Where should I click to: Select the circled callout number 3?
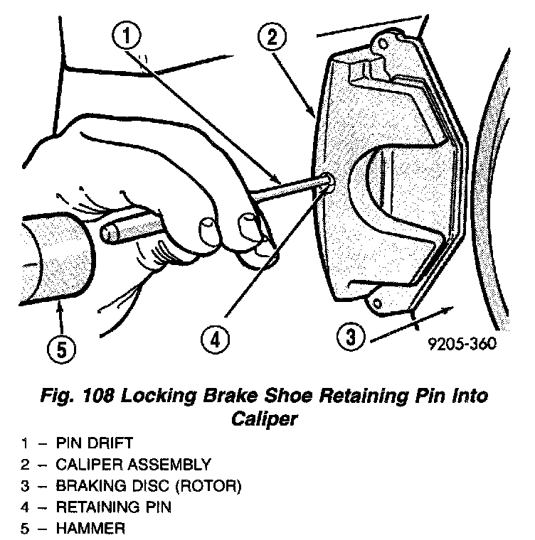(350, 336)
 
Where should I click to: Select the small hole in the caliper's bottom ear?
(378, 305)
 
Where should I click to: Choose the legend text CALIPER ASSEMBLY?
(134, 466)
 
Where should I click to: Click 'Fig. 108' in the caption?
(85, 396)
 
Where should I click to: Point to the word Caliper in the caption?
(264, 419)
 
